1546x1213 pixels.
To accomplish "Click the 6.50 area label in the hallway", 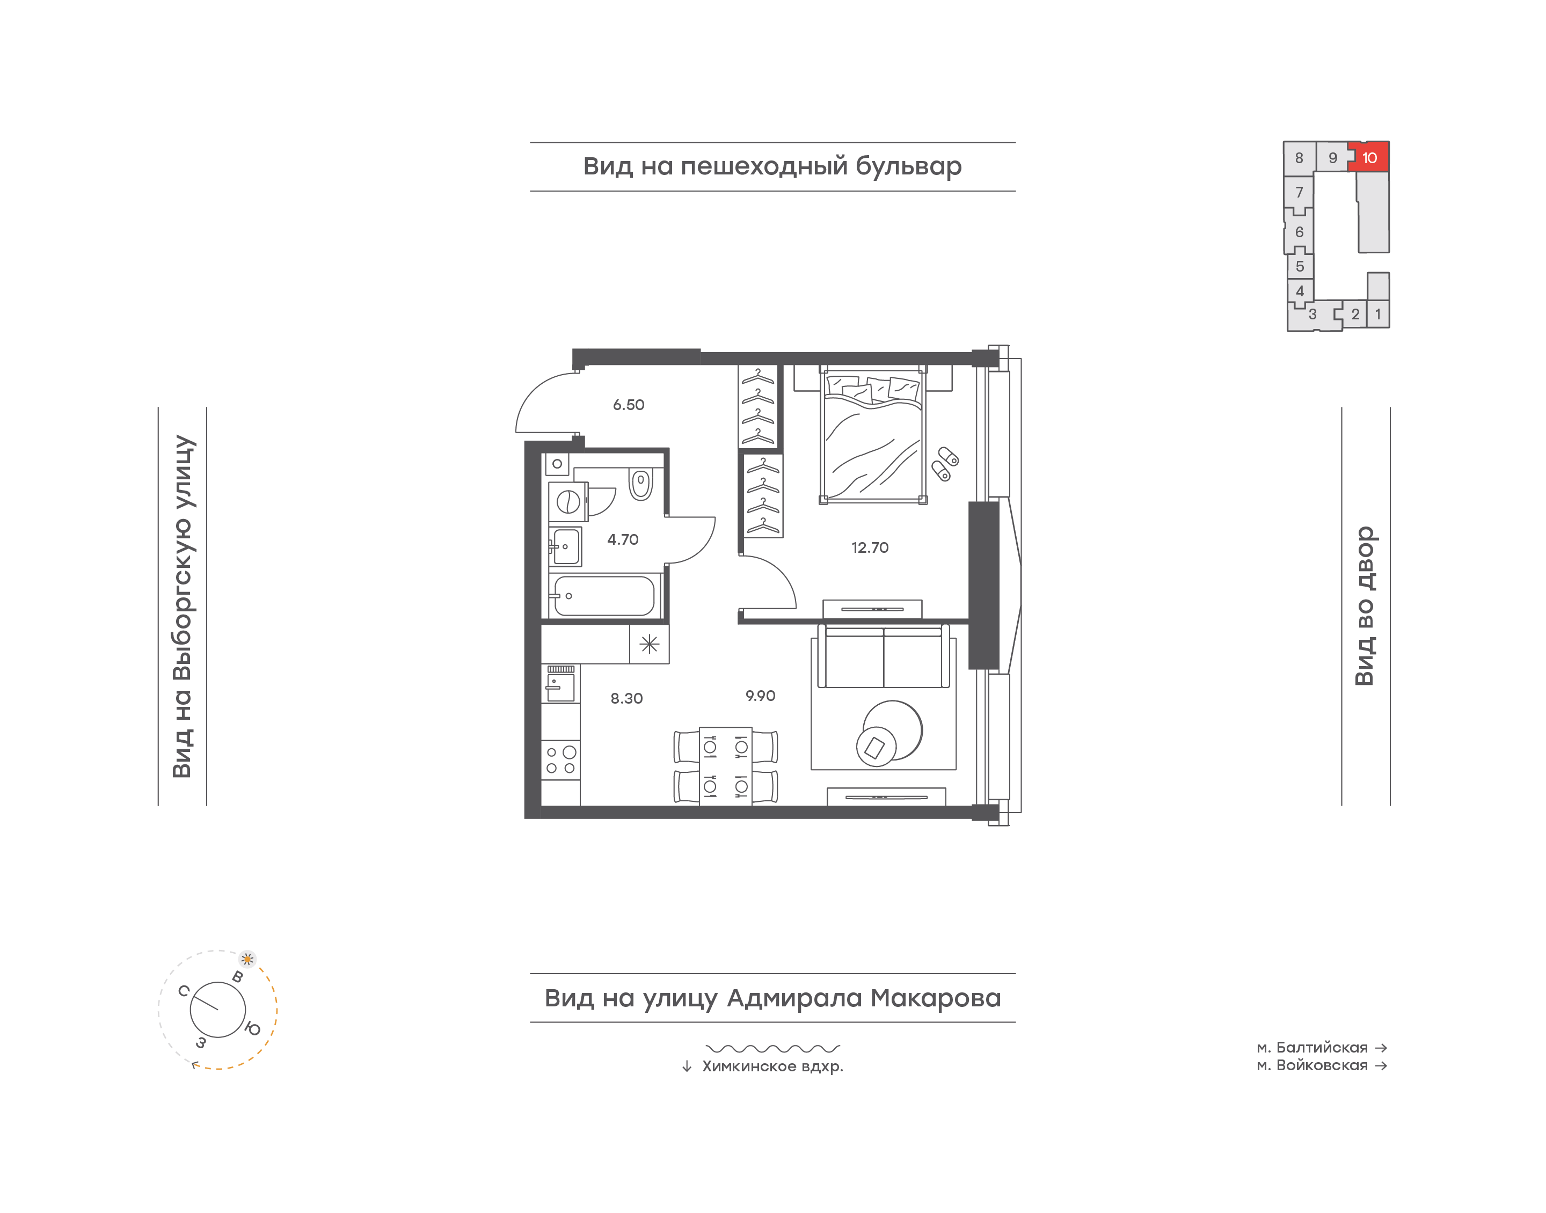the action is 629,405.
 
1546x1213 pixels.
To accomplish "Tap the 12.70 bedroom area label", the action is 870,547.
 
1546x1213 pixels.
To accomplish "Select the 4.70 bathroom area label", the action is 623,540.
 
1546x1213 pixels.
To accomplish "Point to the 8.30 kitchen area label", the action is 626,698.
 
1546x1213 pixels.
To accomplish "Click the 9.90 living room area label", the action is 760,696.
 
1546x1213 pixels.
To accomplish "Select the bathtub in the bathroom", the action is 603,596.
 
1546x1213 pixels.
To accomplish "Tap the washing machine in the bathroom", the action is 568,502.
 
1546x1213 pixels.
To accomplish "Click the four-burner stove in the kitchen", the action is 560,760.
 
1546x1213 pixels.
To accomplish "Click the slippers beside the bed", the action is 944,464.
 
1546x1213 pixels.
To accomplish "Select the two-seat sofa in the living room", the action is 884,656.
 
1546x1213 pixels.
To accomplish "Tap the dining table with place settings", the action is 726,765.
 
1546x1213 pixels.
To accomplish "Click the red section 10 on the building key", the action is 1370,157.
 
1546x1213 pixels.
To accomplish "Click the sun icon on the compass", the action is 247,959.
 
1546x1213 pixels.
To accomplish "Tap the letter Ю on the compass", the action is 252,1028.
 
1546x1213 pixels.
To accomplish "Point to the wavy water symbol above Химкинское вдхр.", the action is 772,1048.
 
